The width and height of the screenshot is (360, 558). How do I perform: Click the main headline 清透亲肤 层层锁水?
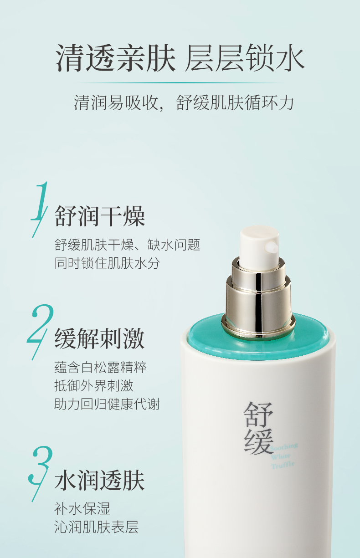click(x=180, y=58)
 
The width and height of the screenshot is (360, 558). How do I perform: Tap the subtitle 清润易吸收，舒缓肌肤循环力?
click(x=184, y=102)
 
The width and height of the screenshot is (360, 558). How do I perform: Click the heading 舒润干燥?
click(x=100, y=216)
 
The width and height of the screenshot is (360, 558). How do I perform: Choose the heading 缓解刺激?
click(x=100, y=338)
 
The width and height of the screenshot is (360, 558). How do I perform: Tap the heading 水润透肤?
click(x=100, y=481)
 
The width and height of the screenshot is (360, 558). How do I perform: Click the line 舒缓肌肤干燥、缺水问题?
click(x=127, y=245)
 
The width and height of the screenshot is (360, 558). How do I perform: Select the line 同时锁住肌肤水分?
click(x=108, y=263)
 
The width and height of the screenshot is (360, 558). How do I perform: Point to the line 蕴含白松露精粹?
click(x=100, y=368)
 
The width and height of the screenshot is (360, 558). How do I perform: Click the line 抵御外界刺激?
click(x=94, y=386)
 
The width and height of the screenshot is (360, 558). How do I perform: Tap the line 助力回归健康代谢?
click(x=107, y=404)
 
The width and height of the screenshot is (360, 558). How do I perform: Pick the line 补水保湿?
click(x=82, y=509)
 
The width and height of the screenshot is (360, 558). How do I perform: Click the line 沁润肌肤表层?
click(x=97, y=527)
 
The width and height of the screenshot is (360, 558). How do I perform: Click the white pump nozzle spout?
click(x=272, y=247)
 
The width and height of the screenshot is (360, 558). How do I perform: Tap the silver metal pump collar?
click(x=258, y=297)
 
